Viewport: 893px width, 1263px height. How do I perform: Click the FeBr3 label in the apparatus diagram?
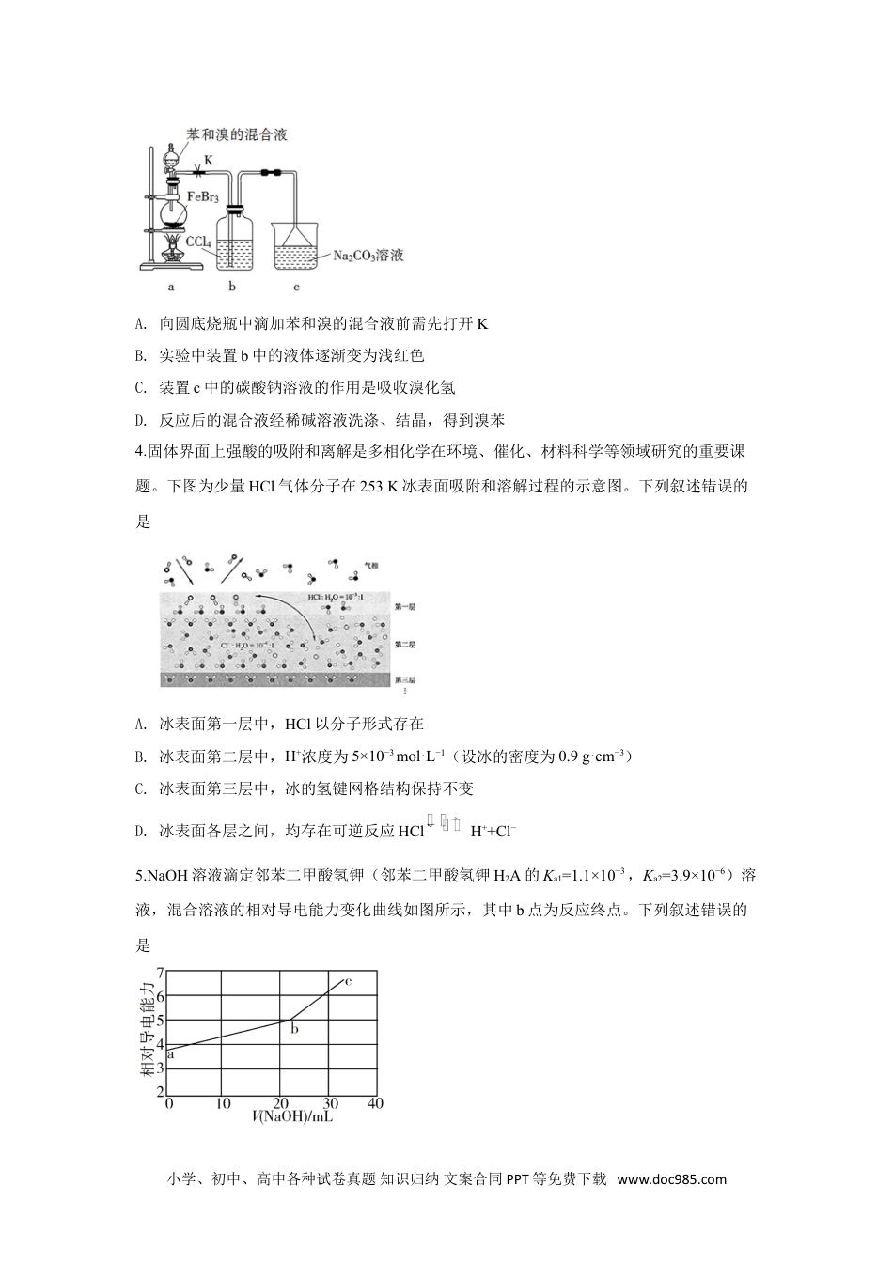click(x=204, y=196)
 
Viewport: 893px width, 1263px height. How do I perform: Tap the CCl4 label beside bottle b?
click(x=198, y=242)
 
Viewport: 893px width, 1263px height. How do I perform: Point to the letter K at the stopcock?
click(x=209, y=160)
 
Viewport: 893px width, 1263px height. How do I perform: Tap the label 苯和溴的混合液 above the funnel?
click(x=238, y=134)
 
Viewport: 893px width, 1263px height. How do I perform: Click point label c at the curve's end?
click(x=348, y=981)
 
